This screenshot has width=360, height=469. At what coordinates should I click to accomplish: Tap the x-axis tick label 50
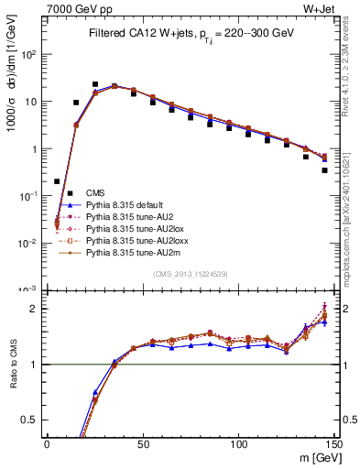click(142, 443)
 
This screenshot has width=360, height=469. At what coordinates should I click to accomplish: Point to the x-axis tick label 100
click(238, 443)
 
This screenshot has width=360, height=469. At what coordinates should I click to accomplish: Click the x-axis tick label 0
click(47, 443)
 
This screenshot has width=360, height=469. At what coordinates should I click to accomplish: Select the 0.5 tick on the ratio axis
click(32, 420)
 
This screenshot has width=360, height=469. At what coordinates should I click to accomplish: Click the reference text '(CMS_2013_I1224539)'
click(190, 274)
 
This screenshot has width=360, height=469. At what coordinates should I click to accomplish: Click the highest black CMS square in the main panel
click(95, 84)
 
